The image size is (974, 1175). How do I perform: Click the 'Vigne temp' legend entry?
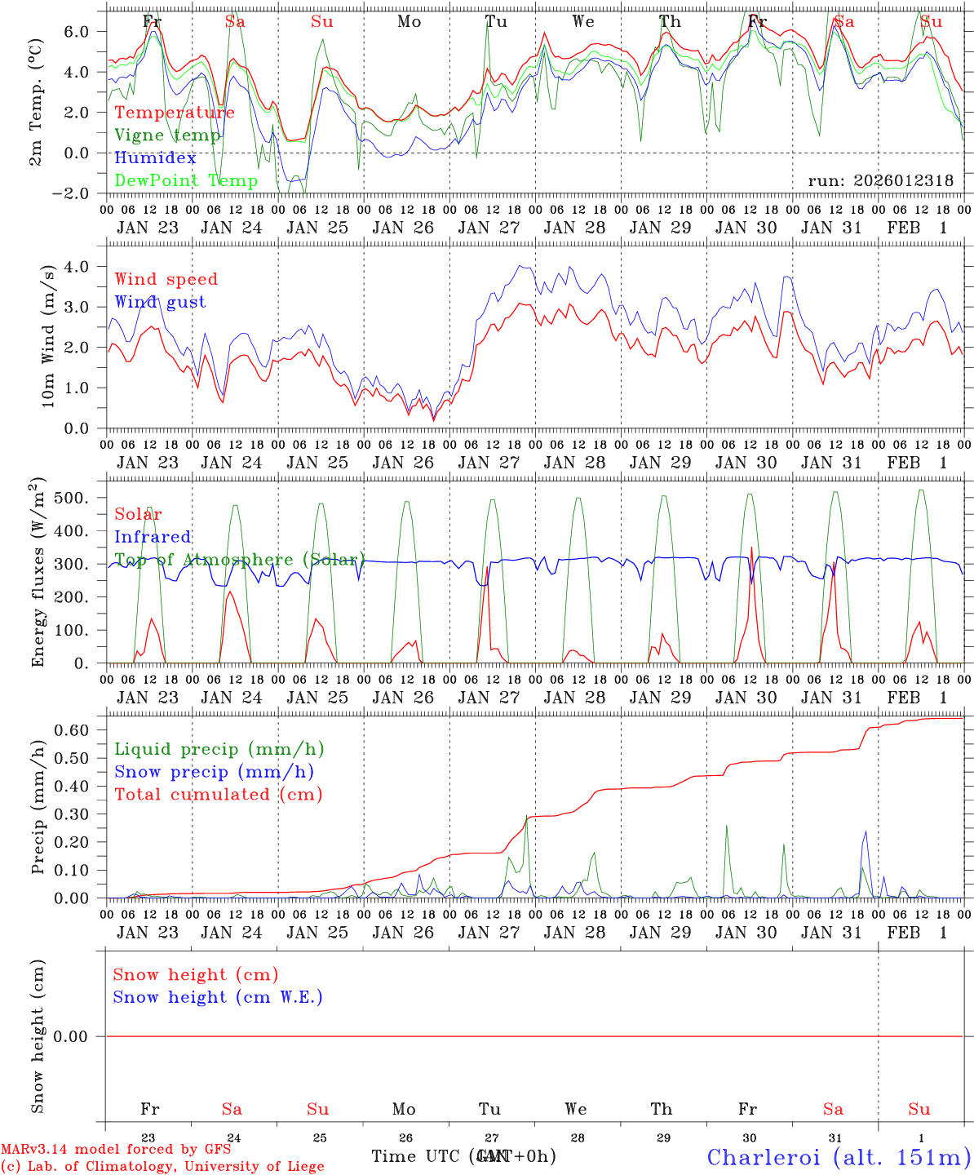[x=167, y=135]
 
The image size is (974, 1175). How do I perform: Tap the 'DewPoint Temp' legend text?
[x=186, y=181]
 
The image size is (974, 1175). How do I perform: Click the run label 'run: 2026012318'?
[x=880, y=181]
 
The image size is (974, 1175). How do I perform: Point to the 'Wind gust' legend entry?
[x=160, y=302]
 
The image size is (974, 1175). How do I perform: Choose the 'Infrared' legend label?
[x=153, y=537]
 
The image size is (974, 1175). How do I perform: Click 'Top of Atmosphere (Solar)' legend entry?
[x=239, y=560]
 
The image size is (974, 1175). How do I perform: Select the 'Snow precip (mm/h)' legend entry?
[x=214, y=772]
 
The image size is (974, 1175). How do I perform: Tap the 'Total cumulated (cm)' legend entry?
[x=219, y=795]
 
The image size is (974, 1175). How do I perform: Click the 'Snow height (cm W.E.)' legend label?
[x=218, y=997]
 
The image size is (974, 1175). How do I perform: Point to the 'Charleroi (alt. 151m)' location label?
[x=839, y=1157]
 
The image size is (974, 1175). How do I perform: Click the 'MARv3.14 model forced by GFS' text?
[x=116, y=1150]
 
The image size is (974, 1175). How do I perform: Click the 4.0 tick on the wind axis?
[x=77, y=267]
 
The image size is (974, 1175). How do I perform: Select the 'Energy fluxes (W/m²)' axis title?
[x=38, y=573]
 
